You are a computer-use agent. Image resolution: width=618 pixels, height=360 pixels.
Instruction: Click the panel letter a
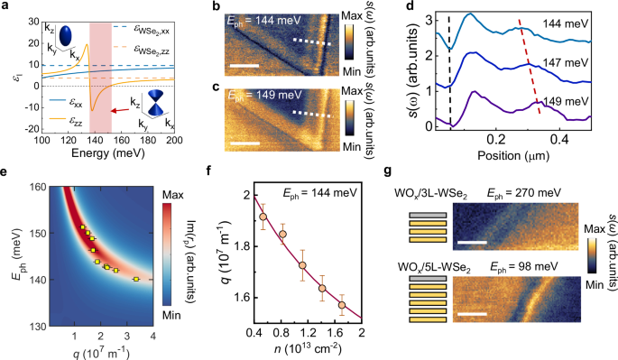[6, 7]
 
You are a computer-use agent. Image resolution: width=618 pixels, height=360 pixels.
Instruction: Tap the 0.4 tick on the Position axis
[559, 142]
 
